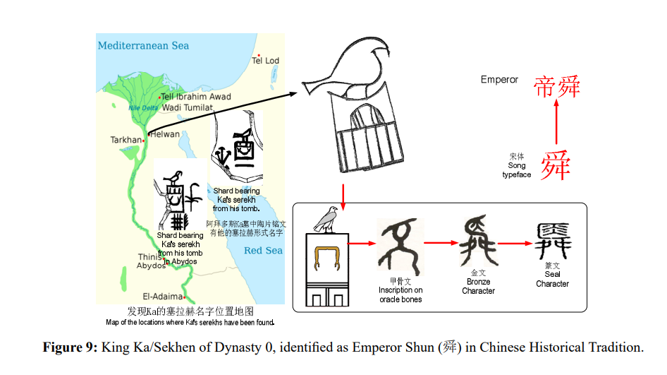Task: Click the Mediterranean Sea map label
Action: point(143,45)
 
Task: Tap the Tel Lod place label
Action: point(266,61)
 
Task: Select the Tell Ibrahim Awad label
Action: point(196,97)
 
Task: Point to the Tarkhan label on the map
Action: point(126,140)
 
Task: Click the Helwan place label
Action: point(166,133)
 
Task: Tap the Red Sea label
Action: point(263,251)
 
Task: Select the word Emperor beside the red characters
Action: point(499,80)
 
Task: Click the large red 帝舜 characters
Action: point(556,87)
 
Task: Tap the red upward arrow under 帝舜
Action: point(556,124)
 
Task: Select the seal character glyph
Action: point(552,242)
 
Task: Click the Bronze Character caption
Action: point(479,286)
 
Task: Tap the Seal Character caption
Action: point(552,279)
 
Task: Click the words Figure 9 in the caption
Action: point(70,347)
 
